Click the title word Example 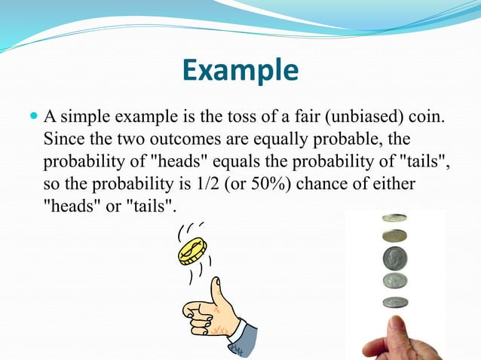tap(240, 71)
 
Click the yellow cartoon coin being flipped tap(192, 250)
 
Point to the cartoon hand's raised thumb tap(219, 289)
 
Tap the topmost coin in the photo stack tap(394, 218)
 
